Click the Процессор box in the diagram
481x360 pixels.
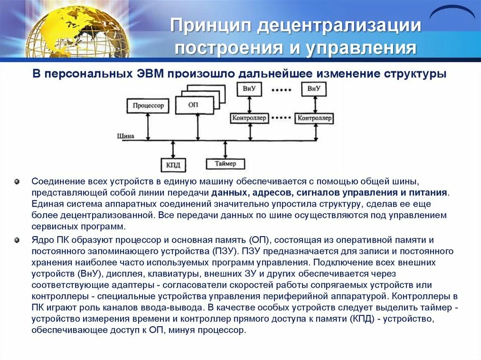click(x=148, y=106)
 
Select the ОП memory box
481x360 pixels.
click(x=193, y=105)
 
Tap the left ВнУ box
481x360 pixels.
click(x=249, y=88)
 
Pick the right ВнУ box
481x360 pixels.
click(x=314, y=88)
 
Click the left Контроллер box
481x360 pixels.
click(x=249, y=118)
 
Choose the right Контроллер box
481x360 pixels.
click(x=315, y=118)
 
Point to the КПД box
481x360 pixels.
click(x=173, y=165)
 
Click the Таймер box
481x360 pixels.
click(x=225, y=164)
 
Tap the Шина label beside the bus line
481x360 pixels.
click(x=125, y=136)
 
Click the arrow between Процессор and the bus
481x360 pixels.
click(x=148, y=126)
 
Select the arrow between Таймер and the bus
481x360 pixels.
click(x=226, y=149)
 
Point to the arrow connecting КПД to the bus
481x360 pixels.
click(x=173, y=149)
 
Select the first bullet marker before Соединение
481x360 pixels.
click(x=17, y=181)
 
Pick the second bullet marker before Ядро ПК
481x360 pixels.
click(x=17, y=240)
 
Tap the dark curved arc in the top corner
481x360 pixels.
click(x=452, y=12)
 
